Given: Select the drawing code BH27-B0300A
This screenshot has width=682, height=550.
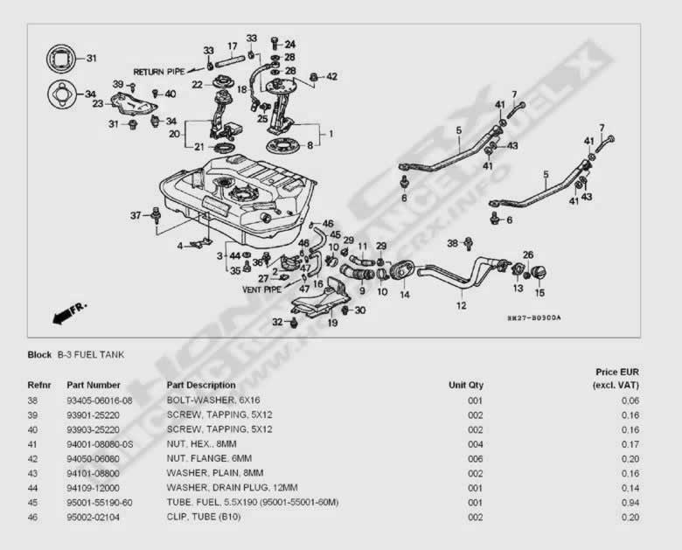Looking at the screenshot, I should pyautogui.click(x=533, y=318).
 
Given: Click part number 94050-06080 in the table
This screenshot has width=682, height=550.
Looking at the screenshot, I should pyautogui.click(x=100, y=457).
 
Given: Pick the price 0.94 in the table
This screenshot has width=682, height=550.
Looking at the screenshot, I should pyautogui.click(x=627, y=502).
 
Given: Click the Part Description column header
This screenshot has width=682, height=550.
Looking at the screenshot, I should pyautogui.click(x=200, y=385).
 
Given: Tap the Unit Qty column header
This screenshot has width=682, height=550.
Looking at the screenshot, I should pyautogui.click(x=465, y=385).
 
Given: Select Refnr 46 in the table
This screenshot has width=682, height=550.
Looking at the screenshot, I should pyautogui.click(x=34, y=517).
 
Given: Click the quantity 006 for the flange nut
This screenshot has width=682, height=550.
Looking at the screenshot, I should pyautogui.click(x=474, y=457).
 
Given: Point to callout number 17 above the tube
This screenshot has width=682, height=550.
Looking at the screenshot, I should pyautogui.click(x=233, y=45).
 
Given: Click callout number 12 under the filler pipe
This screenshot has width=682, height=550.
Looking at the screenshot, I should pyautogui.click(x=461, y=306).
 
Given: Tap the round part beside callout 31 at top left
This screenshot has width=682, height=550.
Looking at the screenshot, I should pyautogui.click(x=60, y=59).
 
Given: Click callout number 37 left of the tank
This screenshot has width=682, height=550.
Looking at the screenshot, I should pyautogui.click(x=136, y=215).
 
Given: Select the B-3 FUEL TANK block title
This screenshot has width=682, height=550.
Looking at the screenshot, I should pyautogui.click(x=91, y=355).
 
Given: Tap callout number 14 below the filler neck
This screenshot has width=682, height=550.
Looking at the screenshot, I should pyautogui.click(x=405, y=295).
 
